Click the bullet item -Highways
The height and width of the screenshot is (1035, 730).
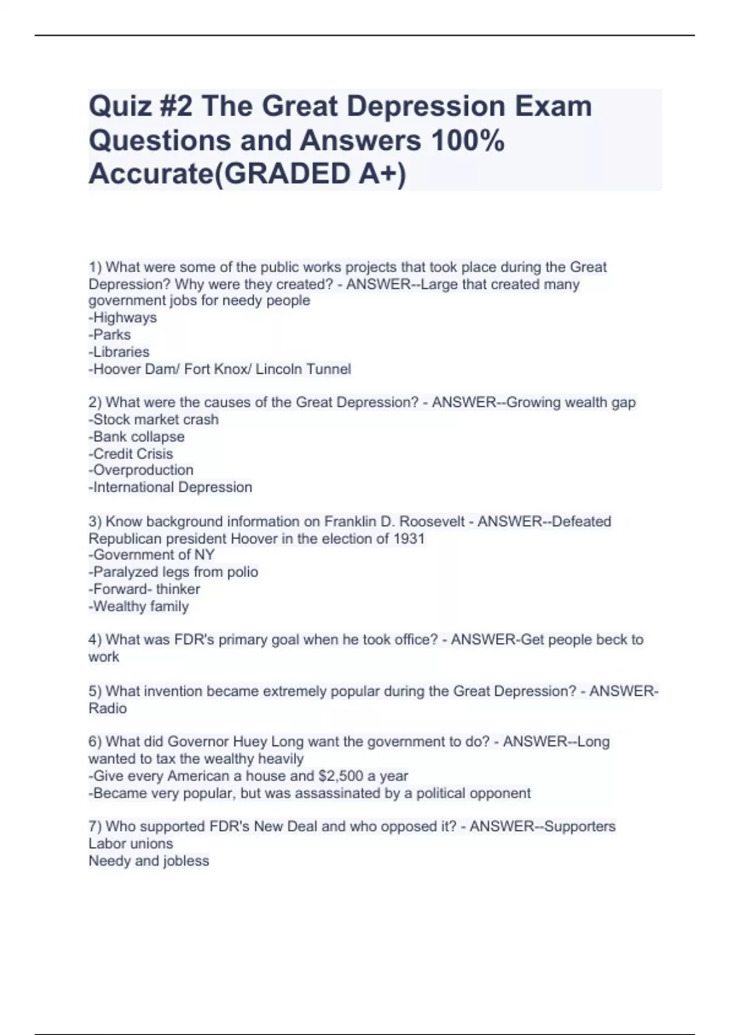tap(122, 318)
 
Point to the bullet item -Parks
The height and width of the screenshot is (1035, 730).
tap(109, 335)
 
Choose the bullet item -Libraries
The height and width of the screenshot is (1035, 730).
tap(119, 352)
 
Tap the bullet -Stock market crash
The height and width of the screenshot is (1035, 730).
tap(153, 419)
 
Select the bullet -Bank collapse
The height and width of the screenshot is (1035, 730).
tap(136, 437)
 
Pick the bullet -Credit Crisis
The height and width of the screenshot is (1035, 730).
tap(131, 454)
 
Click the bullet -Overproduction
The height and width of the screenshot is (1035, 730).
tap(141, 470)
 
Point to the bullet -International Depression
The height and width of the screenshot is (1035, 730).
tap(170, 487)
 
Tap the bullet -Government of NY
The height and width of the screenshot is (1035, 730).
tap(151, 555)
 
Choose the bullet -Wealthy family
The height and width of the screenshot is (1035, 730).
tap(139, 606)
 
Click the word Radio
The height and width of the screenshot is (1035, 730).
tap(108, 709)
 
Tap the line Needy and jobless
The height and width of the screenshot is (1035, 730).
tap(148, 861)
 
